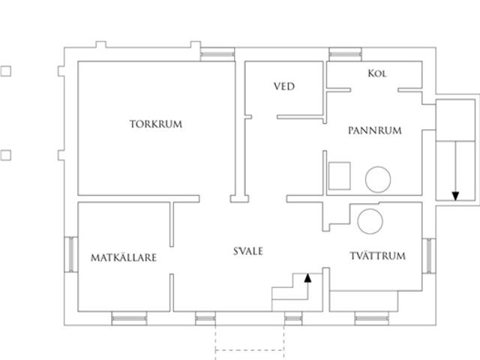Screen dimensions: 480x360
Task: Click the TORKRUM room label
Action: click(156, 124)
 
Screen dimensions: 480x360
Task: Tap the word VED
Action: click(284, 86)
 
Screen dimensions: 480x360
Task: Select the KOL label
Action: click(376, 73)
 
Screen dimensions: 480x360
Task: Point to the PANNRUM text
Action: click(375, 130)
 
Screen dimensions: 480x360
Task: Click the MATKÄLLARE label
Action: click(124, 257)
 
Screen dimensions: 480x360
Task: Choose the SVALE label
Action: click(248, 251)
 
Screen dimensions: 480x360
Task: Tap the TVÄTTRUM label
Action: click(378, 256)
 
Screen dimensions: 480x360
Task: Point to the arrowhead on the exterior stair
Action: click(455, 196)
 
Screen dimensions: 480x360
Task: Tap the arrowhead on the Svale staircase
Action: click(307, 278)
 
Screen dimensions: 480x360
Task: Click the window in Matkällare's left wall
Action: click(71, 254)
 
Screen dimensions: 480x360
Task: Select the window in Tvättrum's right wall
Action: click(429, 256)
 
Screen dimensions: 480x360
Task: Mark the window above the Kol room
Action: click(345, 55)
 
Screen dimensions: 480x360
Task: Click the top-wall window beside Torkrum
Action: click(217, 55)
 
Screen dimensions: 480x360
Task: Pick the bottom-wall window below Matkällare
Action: click(129, 318)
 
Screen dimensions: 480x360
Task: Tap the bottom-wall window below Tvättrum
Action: click(372, 318)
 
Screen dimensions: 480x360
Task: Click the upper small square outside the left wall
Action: click(6, 71)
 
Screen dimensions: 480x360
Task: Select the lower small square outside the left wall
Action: click(6, 155)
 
